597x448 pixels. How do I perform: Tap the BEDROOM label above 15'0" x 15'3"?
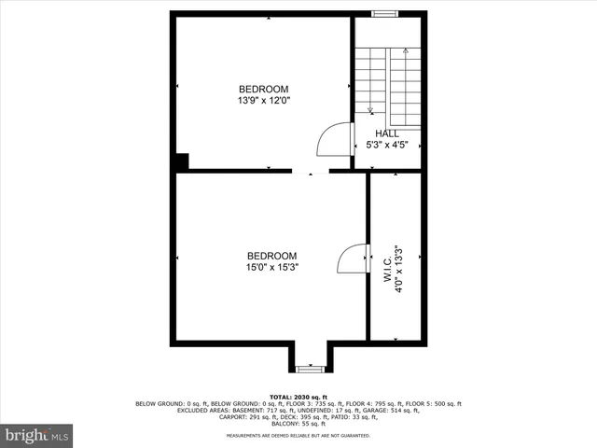coord(271,256)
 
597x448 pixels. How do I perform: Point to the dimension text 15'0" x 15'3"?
coord(271,267)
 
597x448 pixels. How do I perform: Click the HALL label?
coord(387,133)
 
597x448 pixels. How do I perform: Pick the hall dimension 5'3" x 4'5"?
coord(387,145)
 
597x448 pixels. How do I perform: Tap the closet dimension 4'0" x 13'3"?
coord(398,269)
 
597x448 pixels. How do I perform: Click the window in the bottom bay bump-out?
coord(310,370)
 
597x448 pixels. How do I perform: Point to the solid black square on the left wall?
coord(180,161)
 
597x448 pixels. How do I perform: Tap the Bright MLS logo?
coord(36,435)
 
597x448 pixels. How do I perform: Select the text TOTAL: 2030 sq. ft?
coord(298,396)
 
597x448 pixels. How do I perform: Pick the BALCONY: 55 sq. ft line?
coord(298,425)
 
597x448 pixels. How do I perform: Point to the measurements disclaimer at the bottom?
coord(298,435)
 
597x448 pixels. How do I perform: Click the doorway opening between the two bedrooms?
coord(310,172)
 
